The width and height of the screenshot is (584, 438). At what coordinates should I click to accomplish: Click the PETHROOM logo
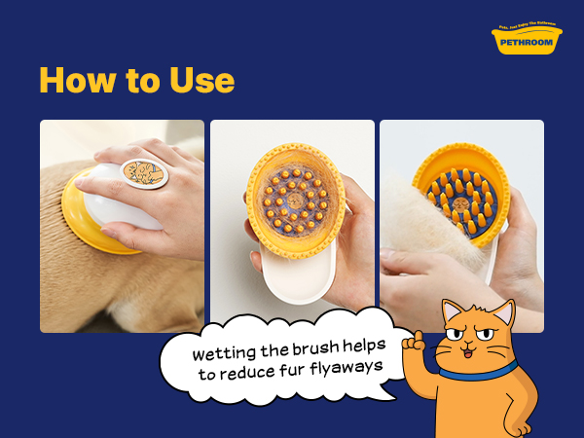(527, 41)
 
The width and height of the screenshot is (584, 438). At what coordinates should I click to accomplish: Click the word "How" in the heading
(74, 81)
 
